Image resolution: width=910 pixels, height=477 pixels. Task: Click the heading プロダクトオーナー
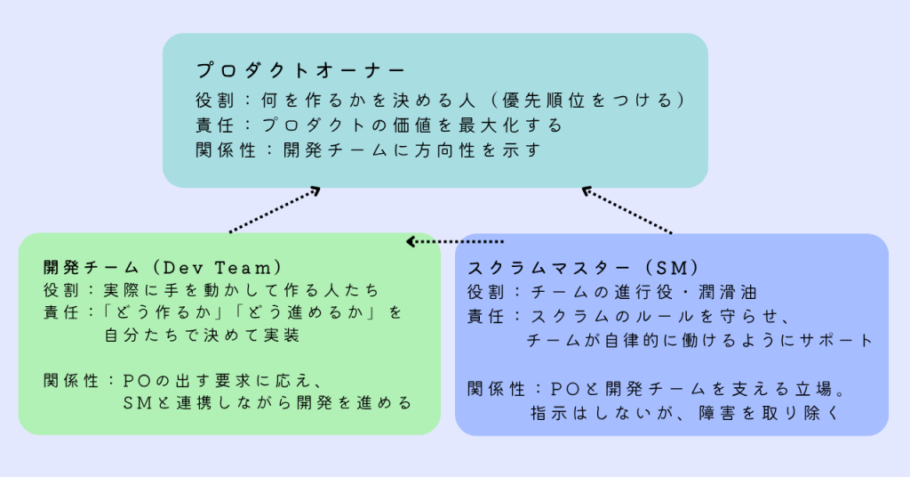[x=300, y=71]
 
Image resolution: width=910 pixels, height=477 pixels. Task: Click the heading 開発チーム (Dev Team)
[x=164, y=268]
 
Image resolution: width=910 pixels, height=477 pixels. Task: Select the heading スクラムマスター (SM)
[x=583, y=268]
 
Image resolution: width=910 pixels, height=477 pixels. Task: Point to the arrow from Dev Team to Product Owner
[x=275, y=210]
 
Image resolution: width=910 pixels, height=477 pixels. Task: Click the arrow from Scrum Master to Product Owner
[x=627, y=210]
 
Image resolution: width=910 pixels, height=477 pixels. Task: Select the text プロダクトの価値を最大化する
[x=412, y=125]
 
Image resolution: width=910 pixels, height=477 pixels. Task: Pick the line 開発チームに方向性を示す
[x=412, y=150]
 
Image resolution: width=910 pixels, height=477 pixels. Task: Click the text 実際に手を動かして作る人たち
[x=242, y=290]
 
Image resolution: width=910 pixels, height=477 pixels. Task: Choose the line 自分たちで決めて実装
[x=202, y=336]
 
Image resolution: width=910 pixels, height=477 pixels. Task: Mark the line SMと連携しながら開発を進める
[x=267, y=402]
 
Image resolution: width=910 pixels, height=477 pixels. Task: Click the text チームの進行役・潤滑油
[x=644, y=292]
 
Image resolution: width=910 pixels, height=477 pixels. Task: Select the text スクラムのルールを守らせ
[x=660, y=317]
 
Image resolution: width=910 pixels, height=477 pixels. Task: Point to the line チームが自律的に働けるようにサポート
[x=700, y=341]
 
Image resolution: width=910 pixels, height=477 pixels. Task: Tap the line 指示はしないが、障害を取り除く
[x=685, y=413]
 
